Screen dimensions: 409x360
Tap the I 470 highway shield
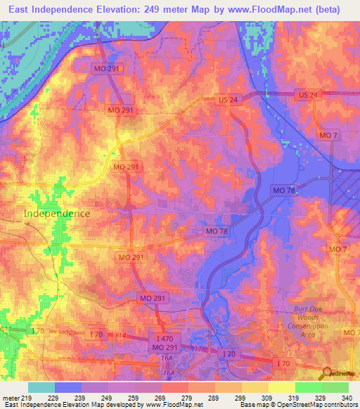point(166,339)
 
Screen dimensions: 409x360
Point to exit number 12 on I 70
point(68,332)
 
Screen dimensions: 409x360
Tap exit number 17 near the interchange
point(197,349)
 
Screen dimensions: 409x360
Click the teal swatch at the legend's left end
point(41,387)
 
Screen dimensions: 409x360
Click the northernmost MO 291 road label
point(107,67)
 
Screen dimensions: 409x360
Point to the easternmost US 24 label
point(308,94)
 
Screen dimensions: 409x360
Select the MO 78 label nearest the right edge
point(285,190)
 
